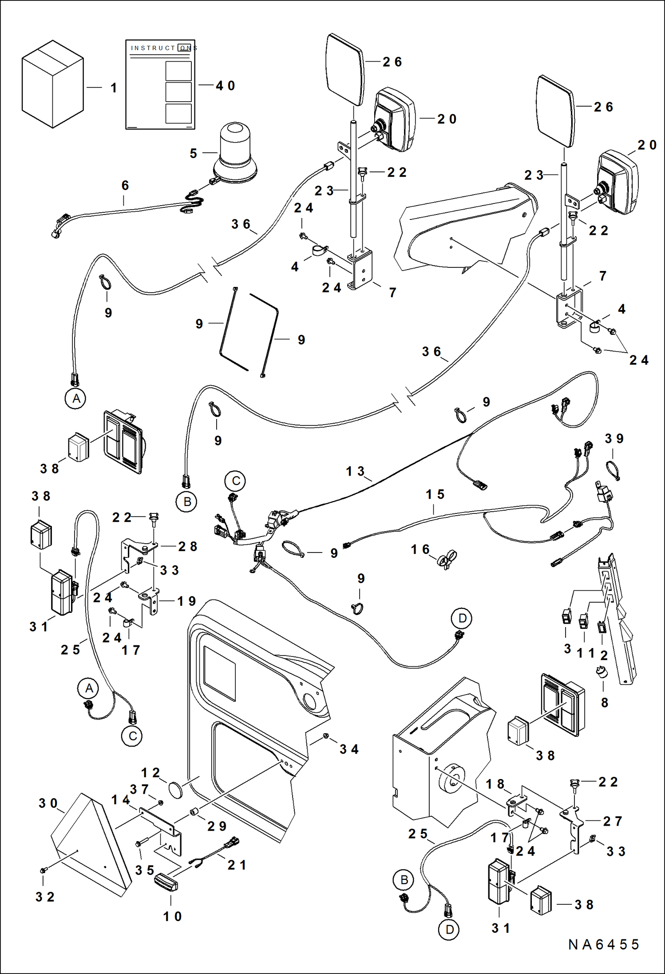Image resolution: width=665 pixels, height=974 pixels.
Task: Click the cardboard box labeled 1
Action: (x=52, y=84)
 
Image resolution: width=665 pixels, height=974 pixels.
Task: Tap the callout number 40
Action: (x=225, y=86)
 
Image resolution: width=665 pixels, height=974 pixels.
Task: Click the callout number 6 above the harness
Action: (x=125, y=185)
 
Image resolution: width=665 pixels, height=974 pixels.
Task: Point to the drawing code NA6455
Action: (x=603, y=944)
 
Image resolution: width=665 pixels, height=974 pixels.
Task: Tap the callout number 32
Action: (x=45, y=897)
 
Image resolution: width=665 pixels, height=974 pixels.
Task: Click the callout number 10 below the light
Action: (x=172, y=916)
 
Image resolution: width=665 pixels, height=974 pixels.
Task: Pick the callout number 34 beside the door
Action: (x=349, y=749)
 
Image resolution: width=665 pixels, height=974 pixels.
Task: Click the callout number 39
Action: (x=614, y=439)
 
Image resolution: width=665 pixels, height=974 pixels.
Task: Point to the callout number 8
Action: (x=604, y=703)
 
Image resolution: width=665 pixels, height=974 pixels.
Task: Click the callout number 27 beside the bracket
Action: (x=612, y=821)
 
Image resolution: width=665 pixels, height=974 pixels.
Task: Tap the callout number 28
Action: (x=187, y=546)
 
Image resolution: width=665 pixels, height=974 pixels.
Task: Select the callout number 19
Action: (x=186, y=601)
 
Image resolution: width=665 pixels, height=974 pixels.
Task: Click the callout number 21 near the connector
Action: (x=237, y=865)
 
